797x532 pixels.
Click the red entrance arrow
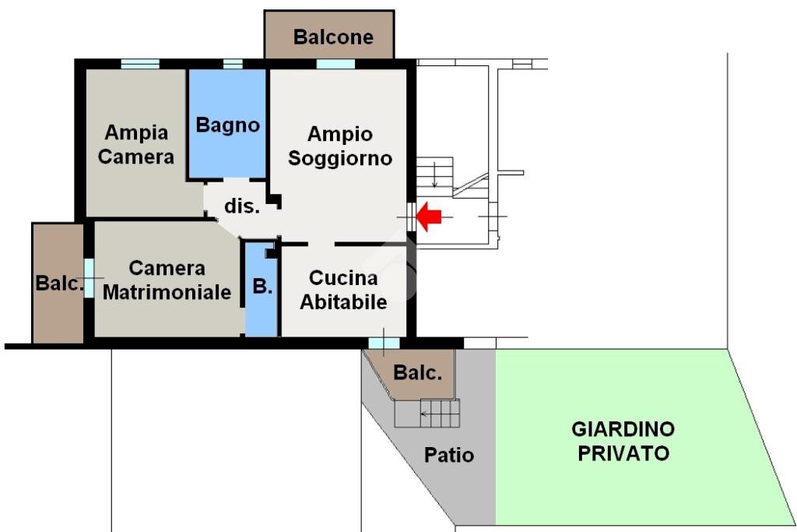(x=429, y=217)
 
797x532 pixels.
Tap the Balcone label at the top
(x=333, y=37)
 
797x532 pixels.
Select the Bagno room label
(x=227, y=125)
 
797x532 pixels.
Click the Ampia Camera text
(x=136, y=144)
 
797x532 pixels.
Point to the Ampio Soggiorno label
(x=340, y=146)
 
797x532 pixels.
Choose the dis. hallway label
(x=241, y=206)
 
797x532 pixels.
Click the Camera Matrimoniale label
(x=167, y=280)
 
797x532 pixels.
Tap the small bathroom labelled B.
(x=262, y=287)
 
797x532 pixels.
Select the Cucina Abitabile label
(x=343, y=290)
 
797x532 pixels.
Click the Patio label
(x=449, y=455)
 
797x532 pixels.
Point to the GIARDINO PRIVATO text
(x=623, y=441)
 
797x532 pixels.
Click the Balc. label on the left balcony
(x=59, y=284)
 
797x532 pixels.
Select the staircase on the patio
(x=427, y=413)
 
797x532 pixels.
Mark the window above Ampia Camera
(x=140, y=64)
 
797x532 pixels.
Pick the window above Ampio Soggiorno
(x=335, y=64)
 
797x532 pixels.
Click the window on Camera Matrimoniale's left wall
(x=89, y=278)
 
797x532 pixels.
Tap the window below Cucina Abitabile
(x=384, y=343)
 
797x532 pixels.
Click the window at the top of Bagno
(x=233, y=64)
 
